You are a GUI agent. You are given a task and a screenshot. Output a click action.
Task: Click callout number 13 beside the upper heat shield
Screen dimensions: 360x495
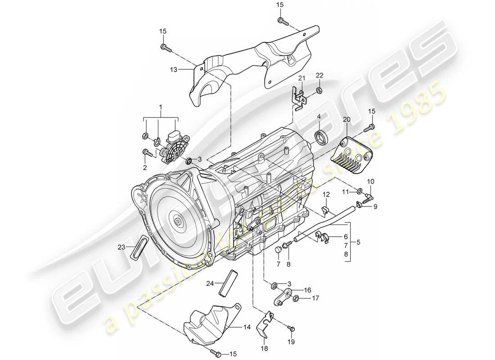(174, 70)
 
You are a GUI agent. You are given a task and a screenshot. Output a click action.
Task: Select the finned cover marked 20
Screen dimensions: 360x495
(352, 152)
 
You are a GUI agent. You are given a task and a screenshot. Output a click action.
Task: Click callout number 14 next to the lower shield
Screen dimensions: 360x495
(246, 328)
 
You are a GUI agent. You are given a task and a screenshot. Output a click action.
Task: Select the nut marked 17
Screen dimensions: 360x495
(296, 298)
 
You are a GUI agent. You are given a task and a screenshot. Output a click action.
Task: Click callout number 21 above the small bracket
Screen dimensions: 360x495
(301, 79)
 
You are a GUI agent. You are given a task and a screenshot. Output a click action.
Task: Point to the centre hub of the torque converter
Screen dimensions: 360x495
(180, 222)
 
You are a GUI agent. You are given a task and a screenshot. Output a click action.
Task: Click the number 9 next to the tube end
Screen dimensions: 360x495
(375, 207)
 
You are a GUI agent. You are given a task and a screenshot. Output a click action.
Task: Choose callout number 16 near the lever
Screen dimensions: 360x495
(307, 291)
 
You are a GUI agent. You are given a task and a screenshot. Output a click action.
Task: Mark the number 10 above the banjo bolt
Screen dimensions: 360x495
(371, 182)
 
